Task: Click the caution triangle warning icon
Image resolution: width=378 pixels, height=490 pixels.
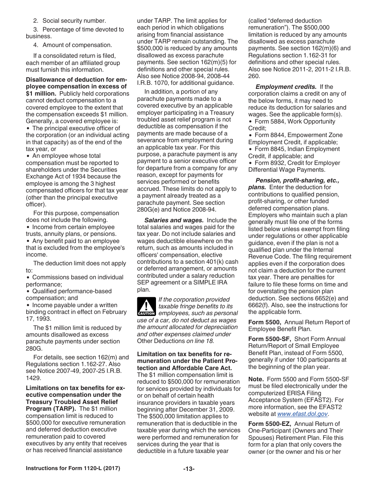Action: (146, 306)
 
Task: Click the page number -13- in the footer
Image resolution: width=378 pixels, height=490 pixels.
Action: (189, 469)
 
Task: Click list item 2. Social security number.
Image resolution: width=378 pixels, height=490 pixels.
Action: (69, 21)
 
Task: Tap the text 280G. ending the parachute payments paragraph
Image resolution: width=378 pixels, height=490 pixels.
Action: (33, 349)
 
